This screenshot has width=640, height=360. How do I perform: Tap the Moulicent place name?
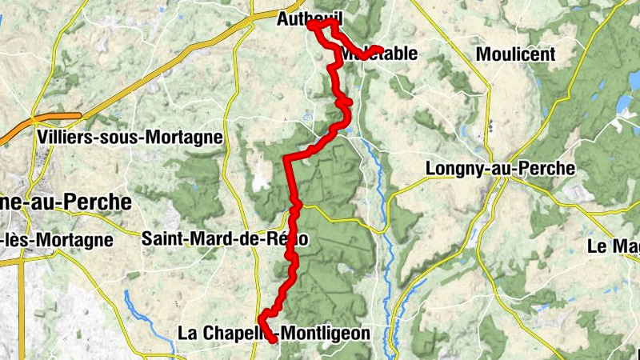[x=515, y=54]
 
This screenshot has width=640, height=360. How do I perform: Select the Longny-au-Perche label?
[x=500, y=169]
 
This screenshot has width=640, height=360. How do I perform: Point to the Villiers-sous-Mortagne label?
[x=130, y=137]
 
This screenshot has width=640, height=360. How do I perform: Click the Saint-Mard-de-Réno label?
[x=224, y=238]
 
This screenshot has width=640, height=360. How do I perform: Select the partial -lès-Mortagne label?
[x=56, y=239]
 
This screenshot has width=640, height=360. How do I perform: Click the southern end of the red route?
[x=274, y=342]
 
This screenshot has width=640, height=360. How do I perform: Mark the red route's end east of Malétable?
[x=379, y=49]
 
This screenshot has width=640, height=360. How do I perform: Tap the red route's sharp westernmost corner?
[x=286, y=159]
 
